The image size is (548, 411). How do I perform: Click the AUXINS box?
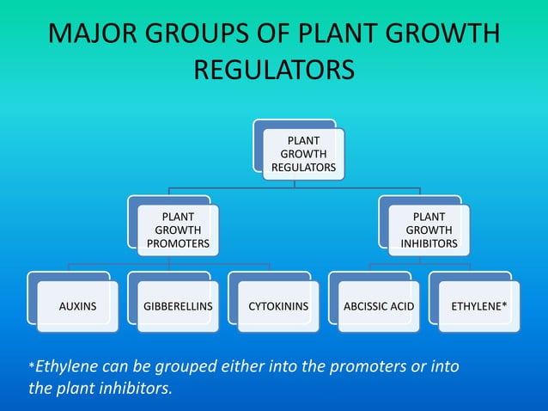[x=77, y=305]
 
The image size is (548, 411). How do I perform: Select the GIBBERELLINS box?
[x=178, y=305]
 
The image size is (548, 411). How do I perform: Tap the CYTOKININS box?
[x=278, y=305]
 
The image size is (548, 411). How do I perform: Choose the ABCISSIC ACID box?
[x=379, y=305]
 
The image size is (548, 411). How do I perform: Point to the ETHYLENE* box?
[x=478, y=305]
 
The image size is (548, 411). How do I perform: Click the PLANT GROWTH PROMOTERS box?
[x=178, y=230]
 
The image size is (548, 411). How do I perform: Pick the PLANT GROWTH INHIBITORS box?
[x=429, y=230]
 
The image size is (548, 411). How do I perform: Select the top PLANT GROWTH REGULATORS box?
[x=303, y=153]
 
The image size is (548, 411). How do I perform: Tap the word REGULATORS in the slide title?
[x=274, y=70]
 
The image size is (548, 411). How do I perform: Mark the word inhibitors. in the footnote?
[x=136, y=388]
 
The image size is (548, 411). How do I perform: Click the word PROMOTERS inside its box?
[x=178, y=243]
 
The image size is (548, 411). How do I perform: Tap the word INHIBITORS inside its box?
[x=429, y=243]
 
